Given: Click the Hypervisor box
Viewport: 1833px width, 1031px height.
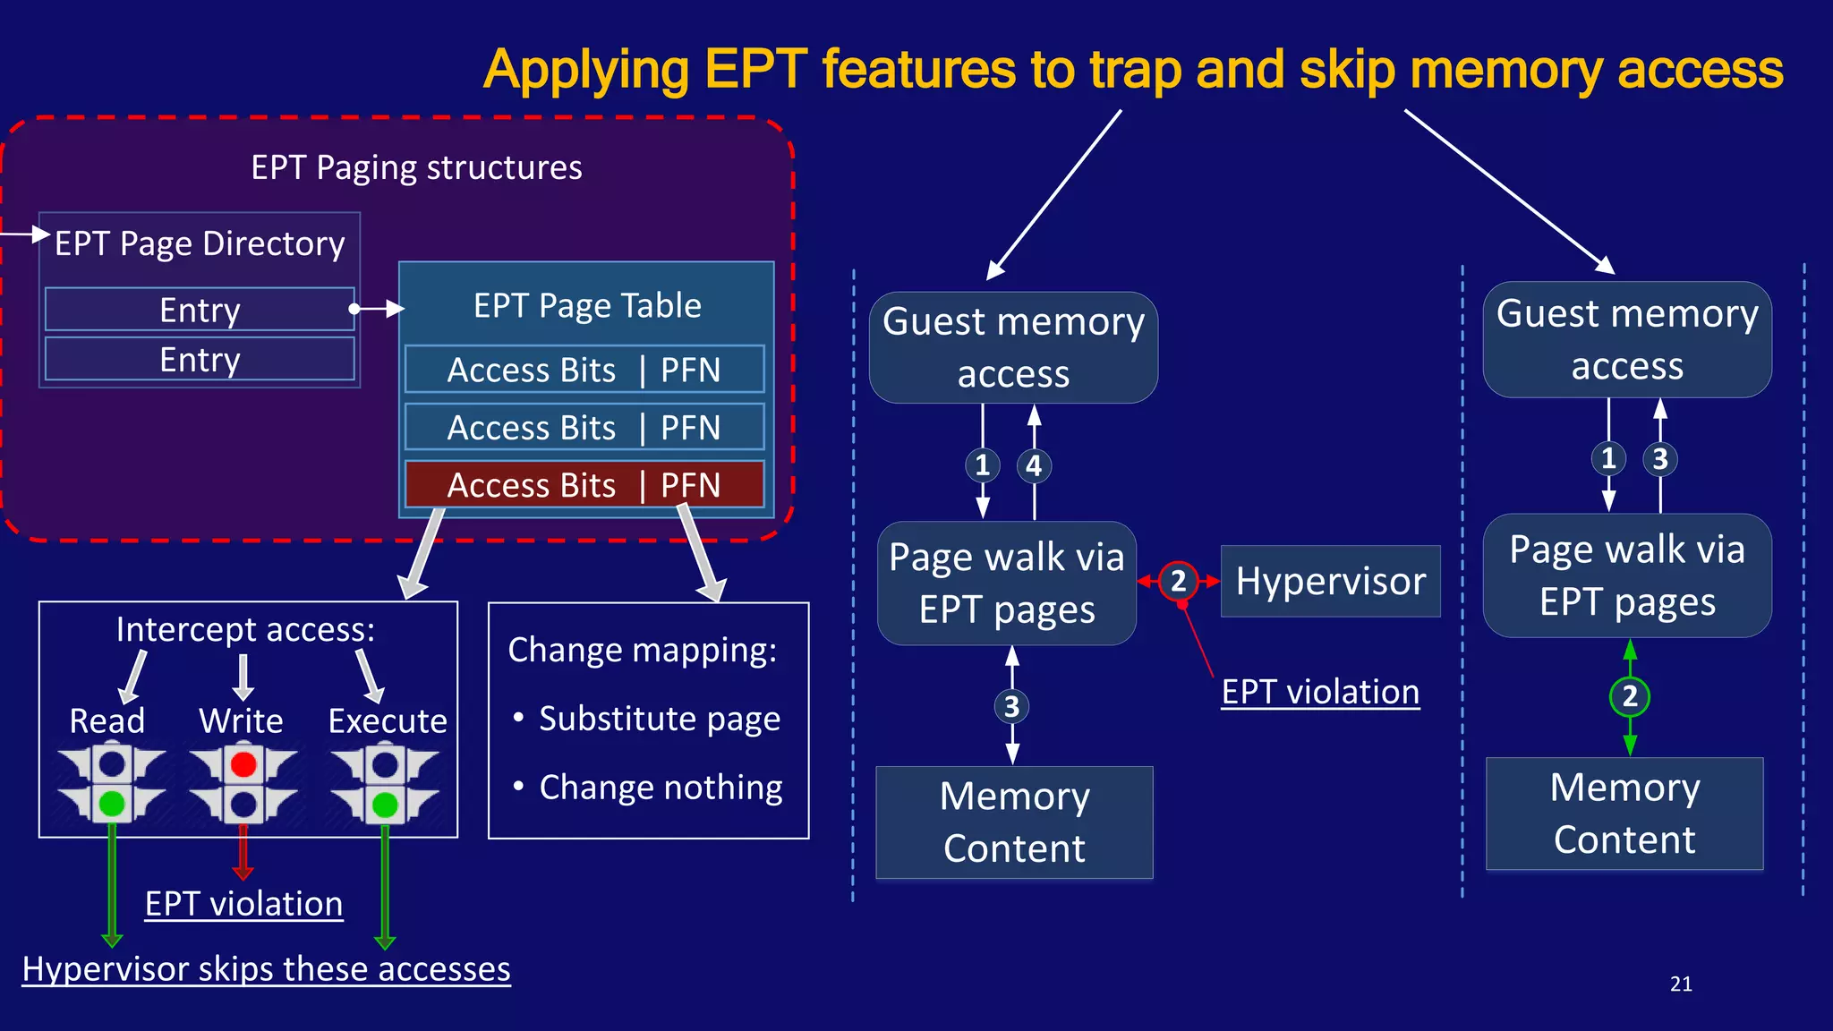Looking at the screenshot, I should tap(1330, 582).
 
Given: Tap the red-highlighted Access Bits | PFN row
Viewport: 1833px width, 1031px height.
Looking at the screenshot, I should tap(584, 485).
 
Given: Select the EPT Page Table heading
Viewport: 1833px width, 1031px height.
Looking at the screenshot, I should tap(587, 306).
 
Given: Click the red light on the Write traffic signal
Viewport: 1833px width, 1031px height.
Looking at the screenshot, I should tap(243, 764).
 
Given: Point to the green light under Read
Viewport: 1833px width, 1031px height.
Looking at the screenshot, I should tap(112, 803).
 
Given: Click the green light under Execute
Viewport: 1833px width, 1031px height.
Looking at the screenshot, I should tap(385, 805).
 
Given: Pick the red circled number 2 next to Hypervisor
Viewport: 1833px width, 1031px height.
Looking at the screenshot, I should tap(1178, 582).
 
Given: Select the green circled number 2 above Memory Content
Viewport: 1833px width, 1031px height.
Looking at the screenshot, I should tap(1629, 696).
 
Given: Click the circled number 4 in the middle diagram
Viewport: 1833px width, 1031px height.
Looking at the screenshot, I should tap(1034, 465).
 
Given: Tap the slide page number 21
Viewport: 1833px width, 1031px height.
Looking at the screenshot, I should tap(1681, 984).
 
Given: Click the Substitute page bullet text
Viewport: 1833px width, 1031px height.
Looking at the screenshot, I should tap(659, 719).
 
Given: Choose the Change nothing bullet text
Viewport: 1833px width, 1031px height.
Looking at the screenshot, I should tap(661, 788).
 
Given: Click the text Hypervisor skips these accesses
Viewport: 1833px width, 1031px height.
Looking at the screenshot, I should tap(266, 969).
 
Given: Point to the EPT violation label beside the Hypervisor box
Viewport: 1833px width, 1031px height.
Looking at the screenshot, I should tap(1320, 692).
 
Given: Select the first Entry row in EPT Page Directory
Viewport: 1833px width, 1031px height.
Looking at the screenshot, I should tap(200, 310).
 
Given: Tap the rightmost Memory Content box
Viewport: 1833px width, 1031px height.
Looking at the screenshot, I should tap(1624, 814).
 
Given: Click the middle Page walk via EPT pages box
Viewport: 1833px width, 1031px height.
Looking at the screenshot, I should tap(1007, 584).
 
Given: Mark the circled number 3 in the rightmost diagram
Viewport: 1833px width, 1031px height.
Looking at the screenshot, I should tap(1660, 459).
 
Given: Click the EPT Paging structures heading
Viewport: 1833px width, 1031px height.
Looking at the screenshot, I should tap(416, 168).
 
